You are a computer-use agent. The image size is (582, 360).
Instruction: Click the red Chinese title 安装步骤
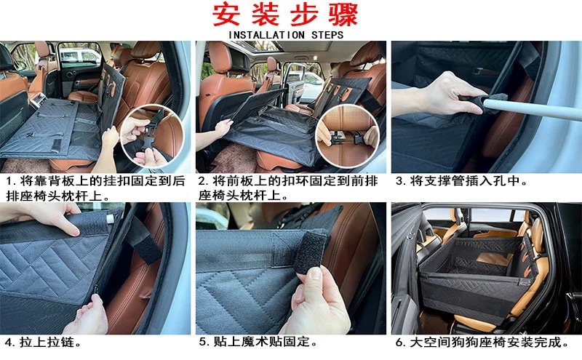(290, 15)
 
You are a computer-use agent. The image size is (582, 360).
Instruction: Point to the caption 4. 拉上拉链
(44, 341)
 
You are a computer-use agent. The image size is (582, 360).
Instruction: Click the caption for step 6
(480, 341)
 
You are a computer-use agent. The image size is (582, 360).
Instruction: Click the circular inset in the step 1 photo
(154, 137)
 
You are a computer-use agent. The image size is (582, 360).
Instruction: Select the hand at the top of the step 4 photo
(44, 216)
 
